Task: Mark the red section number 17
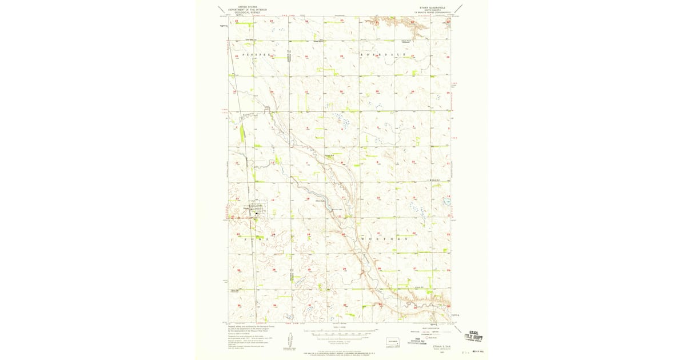coord(343,198)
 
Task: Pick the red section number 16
coord(378,198)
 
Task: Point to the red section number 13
coord(273,199)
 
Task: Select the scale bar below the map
coord(341,331)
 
